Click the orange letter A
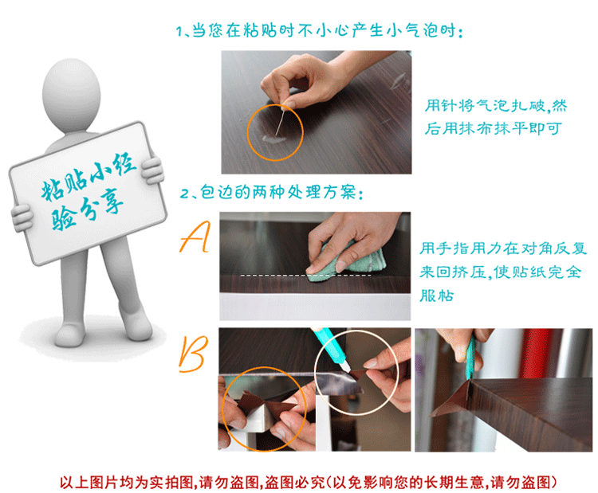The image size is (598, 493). (195, 237)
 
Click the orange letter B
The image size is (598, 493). (194, 354)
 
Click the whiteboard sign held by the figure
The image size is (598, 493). (88, 194)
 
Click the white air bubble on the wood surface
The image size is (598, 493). (273, 139)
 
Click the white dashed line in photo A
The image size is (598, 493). (306, 275)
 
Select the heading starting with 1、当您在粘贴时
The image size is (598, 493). (320, 30)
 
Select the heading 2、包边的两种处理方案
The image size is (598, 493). (272, 193)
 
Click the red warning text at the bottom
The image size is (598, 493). (308, 483)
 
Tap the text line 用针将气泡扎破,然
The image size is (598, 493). (496, 106)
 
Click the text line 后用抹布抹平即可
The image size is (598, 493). (493, 128)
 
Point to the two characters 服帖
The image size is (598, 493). (437, 295)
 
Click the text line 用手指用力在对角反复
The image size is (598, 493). (503, 248)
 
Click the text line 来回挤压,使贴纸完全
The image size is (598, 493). (501, 272)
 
